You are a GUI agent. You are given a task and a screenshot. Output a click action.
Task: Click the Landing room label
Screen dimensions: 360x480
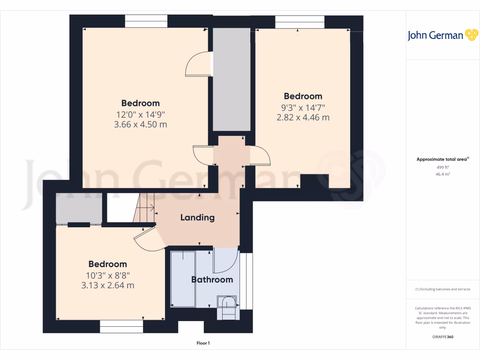197,217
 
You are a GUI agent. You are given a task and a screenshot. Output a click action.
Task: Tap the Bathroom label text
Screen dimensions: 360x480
212,280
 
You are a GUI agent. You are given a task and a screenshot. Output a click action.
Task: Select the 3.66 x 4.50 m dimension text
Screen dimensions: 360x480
140,125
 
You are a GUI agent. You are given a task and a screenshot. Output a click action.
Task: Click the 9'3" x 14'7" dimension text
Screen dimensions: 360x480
303,107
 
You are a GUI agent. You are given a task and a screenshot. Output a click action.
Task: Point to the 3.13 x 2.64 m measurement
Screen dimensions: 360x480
108,285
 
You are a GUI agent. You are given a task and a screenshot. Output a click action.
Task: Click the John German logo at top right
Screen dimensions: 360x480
442,35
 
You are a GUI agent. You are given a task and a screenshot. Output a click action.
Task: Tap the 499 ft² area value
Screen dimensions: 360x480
443,167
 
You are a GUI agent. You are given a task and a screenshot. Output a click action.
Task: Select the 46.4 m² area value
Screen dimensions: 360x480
443,174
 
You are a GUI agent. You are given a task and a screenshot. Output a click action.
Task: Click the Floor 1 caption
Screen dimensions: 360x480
203,344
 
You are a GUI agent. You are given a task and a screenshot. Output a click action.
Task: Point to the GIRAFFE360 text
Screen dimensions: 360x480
443,337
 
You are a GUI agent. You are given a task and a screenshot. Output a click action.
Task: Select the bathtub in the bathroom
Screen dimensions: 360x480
183,279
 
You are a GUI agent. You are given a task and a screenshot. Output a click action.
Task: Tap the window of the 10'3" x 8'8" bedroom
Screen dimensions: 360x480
121,326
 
